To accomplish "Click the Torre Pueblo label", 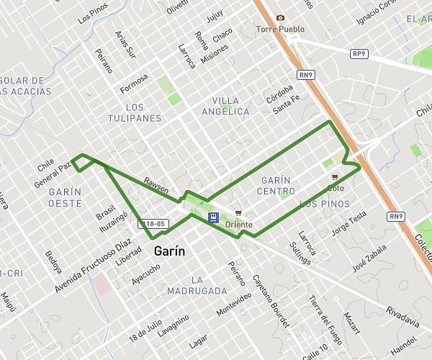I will pos(280,30).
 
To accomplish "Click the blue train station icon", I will pos(214,217).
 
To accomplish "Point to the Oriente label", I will pos(238,225).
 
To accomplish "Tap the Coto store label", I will pos(335,188).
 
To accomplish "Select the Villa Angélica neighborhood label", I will pos(225,106).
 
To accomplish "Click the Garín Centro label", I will pos(276,185).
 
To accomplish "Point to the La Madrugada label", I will pos(197,285).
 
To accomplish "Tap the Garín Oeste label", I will pos(65,198).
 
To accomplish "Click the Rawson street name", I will pos(156,186).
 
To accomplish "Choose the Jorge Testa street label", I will pos(348,224).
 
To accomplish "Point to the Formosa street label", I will pos(134,83).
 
